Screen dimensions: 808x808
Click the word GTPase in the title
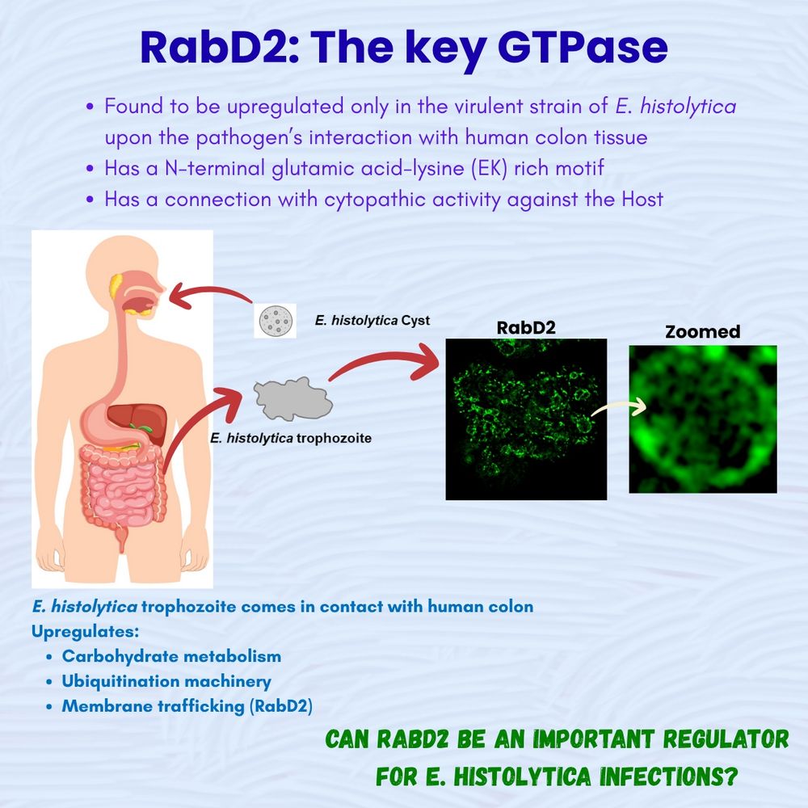pos(583,48)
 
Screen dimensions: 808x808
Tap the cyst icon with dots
pos(276,321)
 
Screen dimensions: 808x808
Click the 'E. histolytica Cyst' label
pos(372,321)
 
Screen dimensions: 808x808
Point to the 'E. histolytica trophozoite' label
pos(291,438)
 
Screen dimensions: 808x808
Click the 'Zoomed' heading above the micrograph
pos(702,331)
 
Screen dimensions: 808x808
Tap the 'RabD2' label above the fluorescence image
pos(526,328)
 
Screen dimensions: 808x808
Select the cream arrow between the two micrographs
pos(618,407)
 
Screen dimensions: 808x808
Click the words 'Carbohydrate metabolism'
pos(171,656)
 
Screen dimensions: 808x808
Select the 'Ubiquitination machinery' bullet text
pos(166,681)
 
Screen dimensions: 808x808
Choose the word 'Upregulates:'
pos(85,631)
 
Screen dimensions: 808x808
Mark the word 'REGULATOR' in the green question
pos(726,739)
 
